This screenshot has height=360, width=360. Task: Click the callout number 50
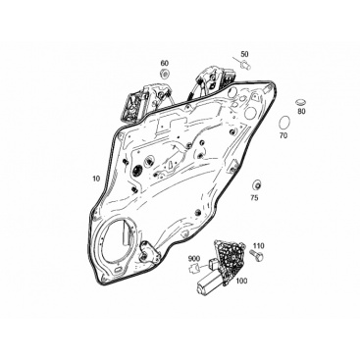244,54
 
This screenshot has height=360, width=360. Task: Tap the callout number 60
165,63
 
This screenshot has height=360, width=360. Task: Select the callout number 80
301,111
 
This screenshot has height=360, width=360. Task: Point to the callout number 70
283,135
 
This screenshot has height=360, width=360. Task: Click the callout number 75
254,197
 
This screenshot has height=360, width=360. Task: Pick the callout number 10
96,179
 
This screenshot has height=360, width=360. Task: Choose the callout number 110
259,246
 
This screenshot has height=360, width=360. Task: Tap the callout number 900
194,259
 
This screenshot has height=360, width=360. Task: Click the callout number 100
241,281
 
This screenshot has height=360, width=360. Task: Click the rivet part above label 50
245,65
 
